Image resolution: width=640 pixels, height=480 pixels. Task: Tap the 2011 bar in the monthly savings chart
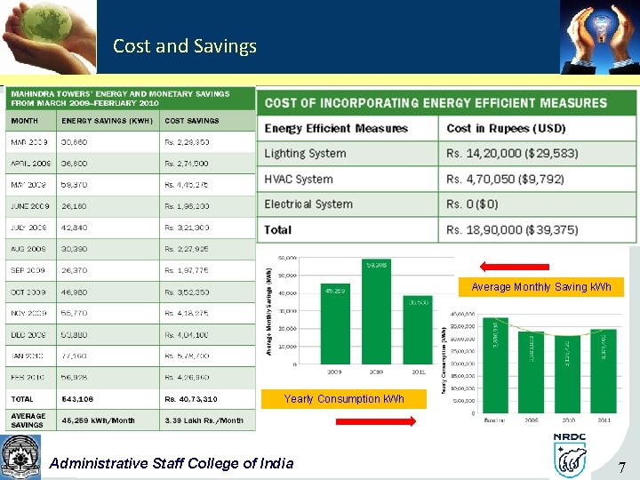pyautogui.click(x=419, y=332)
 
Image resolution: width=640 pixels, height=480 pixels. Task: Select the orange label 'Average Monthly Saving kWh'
pyautogui.click(x=541, y=287)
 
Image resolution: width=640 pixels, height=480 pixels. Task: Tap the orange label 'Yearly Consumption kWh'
pyautogui.click(x=344, y=399)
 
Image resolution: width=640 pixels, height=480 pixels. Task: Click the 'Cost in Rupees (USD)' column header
pyautogui.click(x=506, y=128)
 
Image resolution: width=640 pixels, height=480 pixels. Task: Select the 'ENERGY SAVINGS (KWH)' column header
pyautogui.click(x=107, y=121)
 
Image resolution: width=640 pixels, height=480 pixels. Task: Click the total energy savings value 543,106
pyautogui.click(x=77, y=399)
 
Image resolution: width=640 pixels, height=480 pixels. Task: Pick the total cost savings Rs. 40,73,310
pyautogui.click(x=191, y=399)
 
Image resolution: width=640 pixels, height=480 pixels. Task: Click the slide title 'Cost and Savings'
pyautogui.click(x=185, y=46)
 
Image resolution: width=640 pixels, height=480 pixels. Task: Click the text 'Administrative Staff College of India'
pyautogui.click(x=172, y=462)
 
